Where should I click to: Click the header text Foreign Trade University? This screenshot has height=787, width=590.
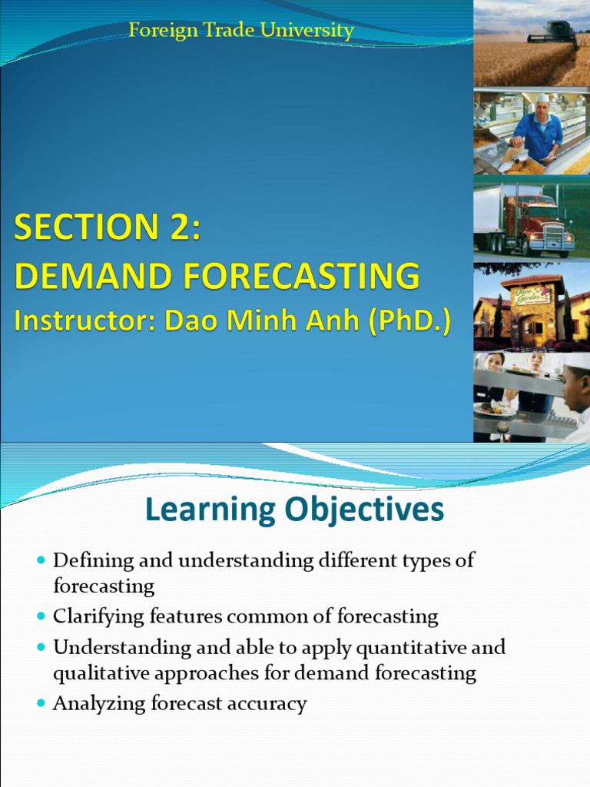click(240, 31)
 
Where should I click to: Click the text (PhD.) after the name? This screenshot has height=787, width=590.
click(409, 320)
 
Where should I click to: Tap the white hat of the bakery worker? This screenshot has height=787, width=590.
click(543, 98)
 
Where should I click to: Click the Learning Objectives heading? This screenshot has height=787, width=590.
click(294, 510)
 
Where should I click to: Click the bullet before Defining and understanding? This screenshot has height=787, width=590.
click(41, 561)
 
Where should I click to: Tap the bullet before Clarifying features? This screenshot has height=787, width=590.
click(41, 617)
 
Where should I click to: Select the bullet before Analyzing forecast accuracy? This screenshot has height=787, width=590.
click(41, 704)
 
